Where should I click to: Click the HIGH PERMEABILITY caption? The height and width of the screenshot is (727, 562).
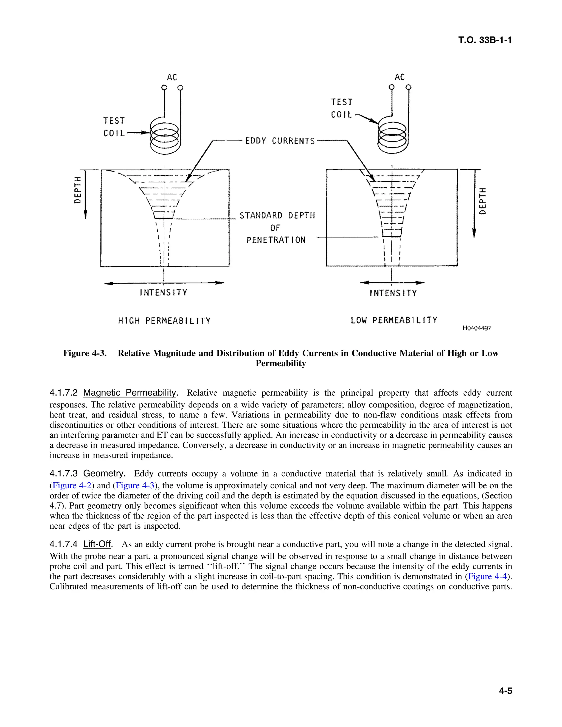point(164,321)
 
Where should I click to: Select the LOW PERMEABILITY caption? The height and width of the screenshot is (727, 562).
point(394,320)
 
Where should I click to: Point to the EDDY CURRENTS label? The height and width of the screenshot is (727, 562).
point(280,141)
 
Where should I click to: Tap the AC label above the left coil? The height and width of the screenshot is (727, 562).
point(172,77)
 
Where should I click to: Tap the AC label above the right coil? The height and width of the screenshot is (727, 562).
point(400,77)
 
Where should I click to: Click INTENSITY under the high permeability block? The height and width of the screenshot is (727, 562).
point(164,293)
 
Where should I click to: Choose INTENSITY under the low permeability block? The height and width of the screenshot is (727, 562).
point(393,293)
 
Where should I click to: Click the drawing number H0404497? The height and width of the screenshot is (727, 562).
point(477,328)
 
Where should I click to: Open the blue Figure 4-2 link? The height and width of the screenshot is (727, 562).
point(72,485)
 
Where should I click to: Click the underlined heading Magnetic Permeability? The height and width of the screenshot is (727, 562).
point(130,393)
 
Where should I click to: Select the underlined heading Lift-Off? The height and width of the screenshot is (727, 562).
point(97,544)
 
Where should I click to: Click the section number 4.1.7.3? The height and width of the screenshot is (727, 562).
point(64,474)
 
